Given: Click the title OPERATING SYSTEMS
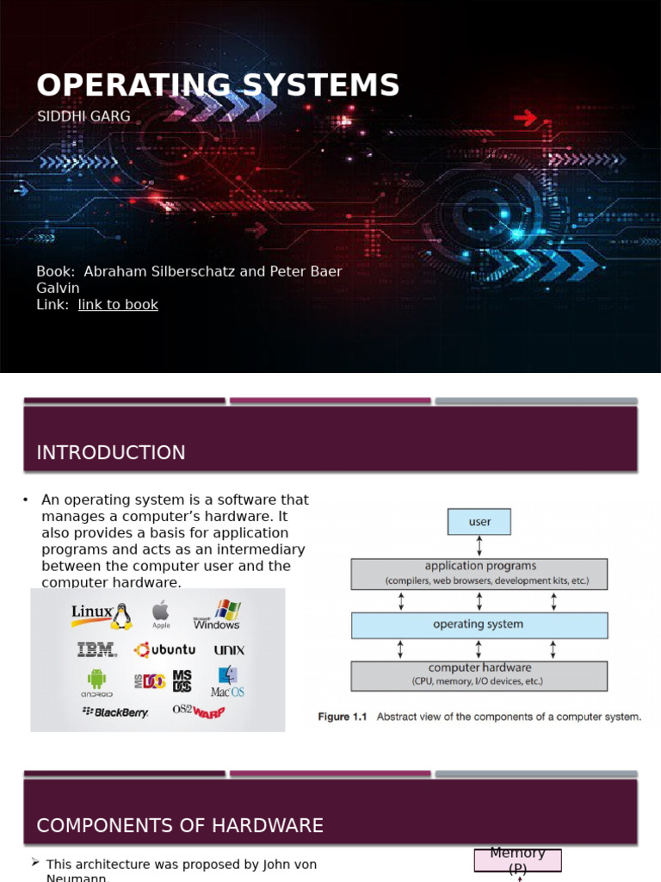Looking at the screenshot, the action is tap(218, 85).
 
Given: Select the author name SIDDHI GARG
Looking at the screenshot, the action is tap(83, 116).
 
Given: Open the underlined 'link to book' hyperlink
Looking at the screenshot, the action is tap(118, 304).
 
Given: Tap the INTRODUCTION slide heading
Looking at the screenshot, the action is tap(111, 453).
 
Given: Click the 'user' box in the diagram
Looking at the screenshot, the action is tap(479, 522).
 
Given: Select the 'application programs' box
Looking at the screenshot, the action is tap(479, 574).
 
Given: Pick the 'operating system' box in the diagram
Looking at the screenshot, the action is tap(479, 625).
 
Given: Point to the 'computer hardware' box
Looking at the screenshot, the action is tap(479, 674).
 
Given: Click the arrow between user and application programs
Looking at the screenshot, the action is tap(479, 546).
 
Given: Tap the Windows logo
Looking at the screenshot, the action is tap(218, 615).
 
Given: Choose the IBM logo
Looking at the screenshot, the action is tap(96, 649).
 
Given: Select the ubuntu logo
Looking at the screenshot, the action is tap(164, 650).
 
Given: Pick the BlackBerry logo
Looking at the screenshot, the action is tap(115, 712).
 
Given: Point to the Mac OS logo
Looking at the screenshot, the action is tap(228, 681).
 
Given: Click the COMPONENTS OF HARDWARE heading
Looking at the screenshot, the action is tap(180, 826).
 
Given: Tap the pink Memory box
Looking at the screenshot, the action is tap(517, 860).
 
